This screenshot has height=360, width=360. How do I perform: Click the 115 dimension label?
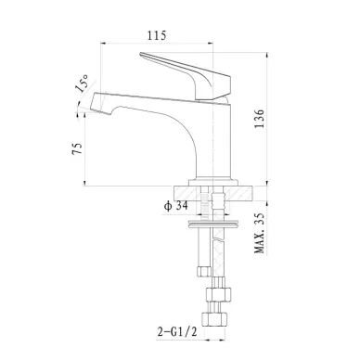(157, 35)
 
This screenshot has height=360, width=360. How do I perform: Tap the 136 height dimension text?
(259, 119)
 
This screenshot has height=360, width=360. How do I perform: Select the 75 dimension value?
(77, 148)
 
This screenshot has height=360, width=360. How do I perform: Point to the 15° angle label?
(82, 84)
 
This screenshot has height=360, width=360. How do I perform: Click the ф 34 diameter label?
(176, 206)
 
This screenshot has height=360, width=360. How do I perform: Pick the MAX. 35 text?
(260, 233)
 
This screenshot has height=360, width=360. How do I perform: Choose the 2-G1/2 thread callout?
(177, 332)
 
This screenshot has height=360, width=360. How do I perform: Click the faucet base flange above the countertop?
(213, 182)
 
